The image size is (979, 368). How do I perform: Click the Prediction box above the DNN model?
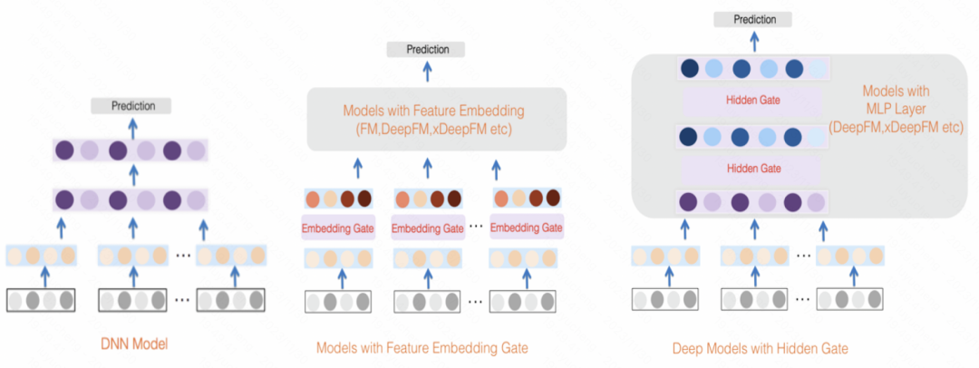[133, 106]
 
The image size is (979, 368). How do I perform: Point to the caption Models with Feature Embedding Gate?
[422, 347]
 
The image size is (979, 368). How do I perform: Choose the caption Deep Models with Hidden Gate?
[761, 347]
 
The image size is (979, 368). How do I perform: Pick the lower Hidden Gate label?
[752, 169]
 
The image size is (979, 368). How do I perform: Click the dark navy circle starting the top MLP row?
[690, 68]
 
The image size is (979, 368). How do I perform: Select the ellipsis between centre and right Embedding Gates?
[475, 227]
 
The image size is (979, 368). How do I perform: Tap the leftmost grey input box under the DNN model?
[41, 299]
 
